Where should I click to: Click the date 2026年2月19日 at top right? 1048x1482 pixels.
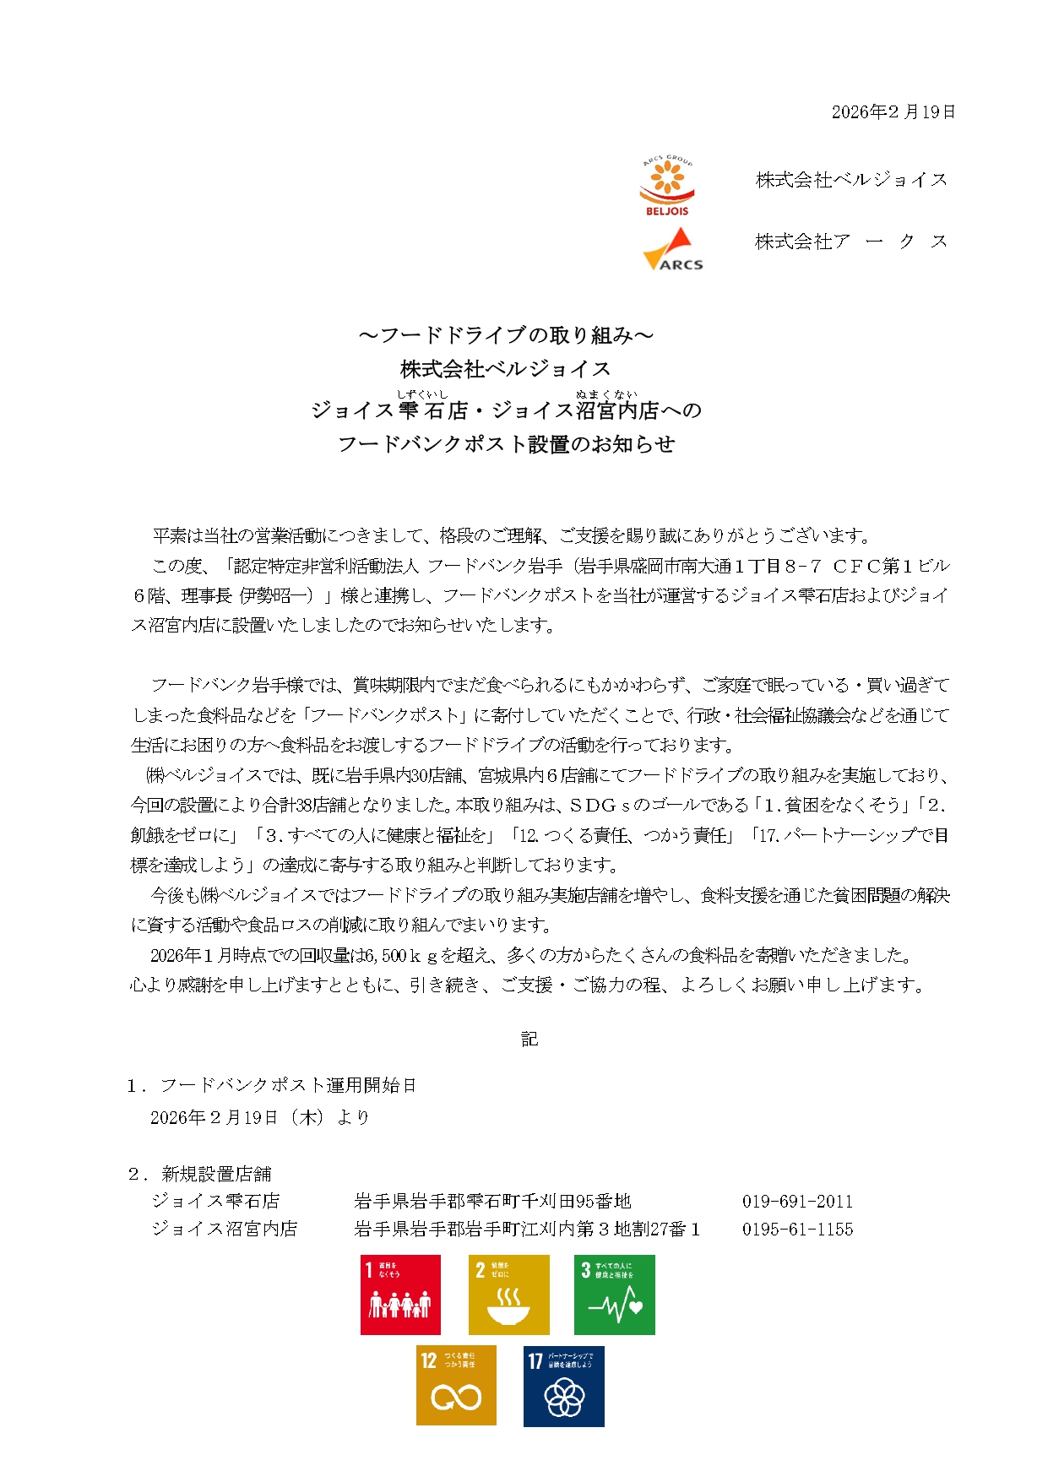pos(893,112)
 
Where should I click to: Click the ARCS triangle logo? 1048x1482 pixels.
pos(672,250)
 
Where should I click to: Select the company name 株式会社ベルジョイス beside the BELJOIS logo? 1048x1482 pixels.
pos(851,180)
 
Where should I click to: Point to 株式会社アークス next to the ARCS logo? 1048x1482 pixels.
pos(851,242)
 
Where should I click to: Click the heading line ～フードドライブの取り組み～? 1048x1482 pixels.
pos(506,335)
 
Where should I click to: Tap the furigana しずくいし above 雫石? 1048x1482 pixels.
pos(422,394)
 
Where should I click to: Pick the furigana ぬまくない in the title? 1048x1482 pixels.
pos(606,394)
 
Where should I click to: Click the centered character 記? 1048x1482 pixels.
pos(529,1040)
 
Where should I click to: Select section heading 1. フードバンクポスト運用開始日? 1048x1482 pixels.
pos(272,1086)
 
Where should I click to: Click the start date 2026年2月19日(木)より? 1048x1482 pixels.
pos(260,1118)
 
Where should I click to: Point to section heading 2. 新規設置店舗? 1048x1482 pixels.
pos(200,1174)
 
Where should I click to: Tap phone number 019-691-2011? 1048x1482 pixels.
pos(797,1202)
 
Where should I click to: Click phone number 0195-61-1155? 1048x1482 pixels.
pos(797,1230)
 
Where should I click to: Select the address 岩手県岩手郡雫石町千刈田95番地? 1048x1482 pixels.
pos(492,1202)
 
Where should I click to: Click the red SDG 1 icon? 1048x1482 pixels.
pos(400,1295)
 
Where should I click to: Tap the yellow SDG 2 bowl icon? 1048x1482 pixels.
pos(508,1295)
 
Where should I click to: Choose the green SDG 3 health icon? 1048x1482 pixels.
pos(614,1295)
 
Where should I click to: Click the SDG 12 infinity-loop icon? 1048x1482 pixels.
pos(456,1386)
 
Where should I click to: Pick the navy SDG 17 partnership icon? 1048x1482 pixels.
pos(563,1386)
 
